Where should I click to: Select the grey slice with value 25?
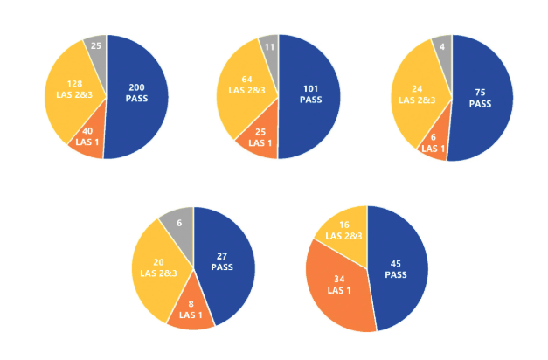click(x=95, y=47)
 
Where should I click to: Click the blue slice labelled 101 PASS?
click(x=310, y=96)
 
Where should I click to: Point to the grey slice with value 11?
click(x=269, y=47)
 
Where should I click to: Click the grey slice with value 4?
click(x=443, y=46)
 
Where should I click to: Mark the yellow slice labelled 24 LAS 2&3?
click(x=418, y=92)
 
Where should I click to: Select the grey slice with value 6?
click(x=178, y=224)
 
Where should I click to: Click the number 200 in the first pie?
click(x=137, y=87)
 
